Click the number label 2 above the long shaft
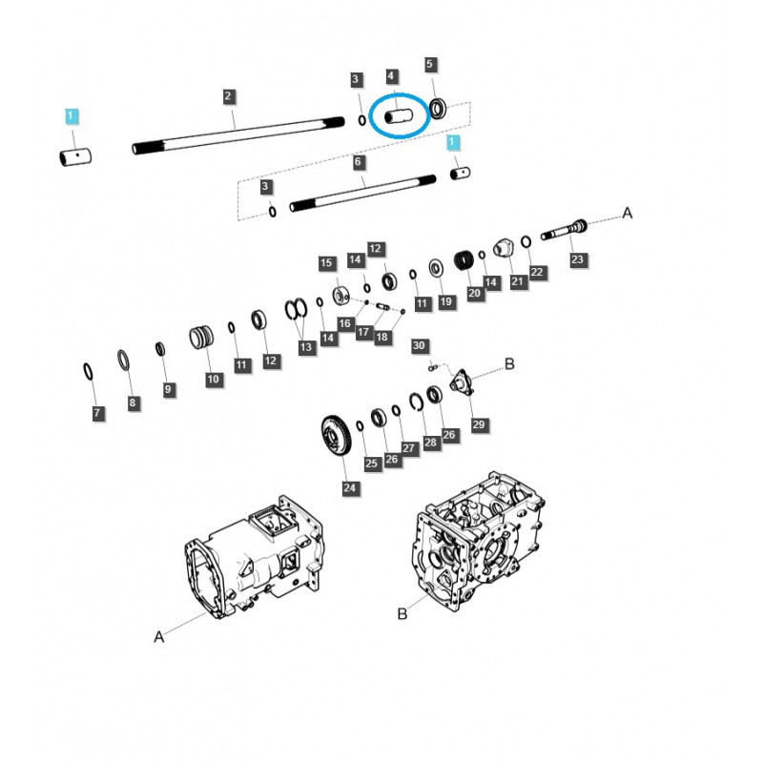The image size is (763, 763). pos(228,95)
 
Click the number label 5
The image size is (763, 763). pos(429,65)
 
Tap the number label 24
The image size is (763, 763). pos(350,488)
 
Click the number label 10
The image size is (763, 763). pos(213,380)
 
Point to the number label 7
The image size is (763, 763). pos(97,413)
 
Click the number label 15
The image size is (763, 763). pos(326,263)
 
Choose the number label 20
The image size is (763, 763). pos(474,293)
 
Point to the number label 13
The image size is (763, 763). pos(306,348)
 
